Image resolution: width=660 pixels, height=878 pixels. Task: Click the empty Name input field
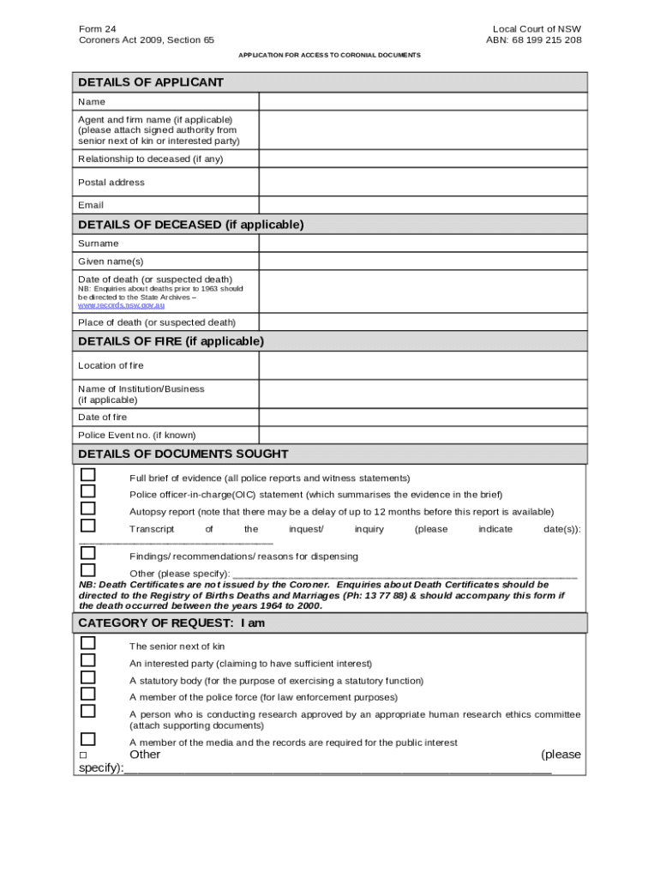tap(423, 102)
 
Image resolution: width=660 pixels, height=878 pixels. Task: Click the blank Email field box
tap(423, 205)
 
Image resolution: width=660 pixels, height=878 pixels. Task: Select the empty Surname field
tap(423, 244)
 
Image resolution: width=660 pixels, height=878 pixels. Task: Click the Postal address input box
tap(423, 182)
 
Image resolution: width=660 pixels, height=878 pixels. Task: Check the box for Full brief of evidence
tap(87, 475)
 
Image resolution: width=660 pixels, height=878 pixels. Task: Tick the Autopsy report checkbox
tap(87, 508)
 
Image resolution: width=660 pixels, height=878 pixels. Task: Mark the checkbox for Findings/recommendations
tap(87, 553)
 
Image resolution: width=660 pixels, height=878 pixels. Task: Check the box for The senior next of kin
tap(87, 643)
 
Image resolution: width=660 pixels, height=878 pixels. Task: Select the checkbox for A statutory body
tap(87, 677)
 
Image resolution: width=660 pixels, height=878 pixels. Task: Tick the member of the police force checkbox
tap(87, 694)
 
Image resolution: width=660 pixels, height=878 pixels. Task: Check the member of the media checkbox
tap(87, 739)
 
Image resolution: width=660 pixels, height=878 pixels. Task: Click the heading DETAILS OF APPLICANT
tap(151, 82)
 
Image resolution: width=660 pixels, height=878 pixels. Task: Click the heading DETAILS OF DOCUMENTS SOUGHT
tap(183, 454)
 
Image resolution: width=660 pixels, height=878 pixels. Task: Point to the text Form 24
tap(98, 29)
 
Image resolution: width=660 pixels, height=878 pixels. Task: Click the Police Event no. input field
tap(423, 435)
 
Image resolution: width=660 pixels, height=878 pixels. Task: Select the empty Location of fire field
tap(423, 365)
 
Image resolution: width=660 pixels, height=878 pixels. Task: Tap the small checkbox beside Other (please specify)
tap(83, 755)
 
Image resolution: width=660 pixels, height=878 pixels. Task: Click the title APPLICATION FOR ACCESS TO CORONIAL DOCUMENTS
tap(330, 55)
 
